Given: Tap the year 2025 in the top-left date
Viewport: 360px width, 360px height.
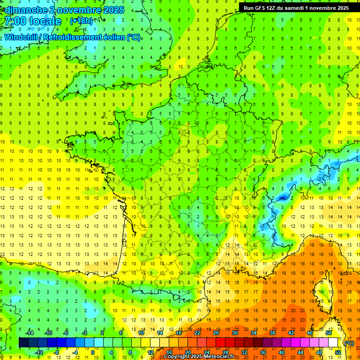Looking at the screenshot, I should pyautogui.click(x=113, y=10).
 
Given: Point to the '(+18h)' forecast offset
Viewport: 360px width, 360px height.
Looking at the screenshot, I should pyautogui.click(x=81, y=21).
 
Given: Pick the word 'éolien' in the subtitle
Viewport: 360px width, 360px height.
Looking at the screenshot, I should pyautogui.click(x=112, y=37).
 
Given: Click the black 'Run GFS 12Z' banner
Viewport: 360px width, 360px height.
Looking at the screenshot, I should pyautogui.click(x=296, y=8).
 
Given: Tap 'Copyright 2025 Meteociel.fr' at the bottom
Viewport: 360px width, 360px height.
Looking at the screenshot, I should pyautogui.click(x=199, y=357).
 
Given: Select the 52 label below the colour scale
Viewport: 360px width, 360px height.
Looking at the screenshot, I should pyautogui.click(x=338, y=352).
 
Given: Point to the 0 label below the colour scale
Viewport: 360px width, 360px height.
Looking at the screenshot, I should pyautogui.click(x=93, y=352).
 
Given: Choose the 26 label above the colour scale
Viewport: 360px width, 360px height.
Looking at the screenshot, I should pyautogui.click(x=216, y=333).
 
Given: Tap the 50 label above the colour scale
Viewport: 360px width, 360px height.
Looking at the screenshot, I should pyautogui.click(x=329, y=333).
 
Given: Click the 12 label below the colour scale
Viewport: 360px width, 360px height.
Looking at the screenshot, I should pyautogui.click(x=150, y=352).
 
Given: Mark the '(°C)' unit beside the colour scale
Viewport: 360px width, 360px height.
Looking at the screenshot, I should pyautogui.click(x=349, y=343).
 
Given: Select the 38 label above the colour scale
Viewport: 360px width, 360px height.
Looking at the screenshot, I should pyautogui.click(x=272, y=333).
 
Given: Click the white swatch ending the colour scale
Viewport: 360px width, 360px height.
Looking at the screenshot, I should pyautogui.click(x=333, y=343).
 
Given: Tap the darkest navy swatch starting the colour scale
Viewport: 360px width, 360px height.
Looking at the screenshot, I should pyautogui.click(x=23, y=343).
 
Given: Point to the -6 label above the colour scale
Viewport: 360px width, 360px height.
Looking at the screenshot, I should pyautogui.click(x=66, y=333).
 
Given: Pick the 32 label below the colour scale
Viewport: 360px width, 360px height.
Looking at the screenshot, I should pyautogui.click(x=244, y=352).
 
